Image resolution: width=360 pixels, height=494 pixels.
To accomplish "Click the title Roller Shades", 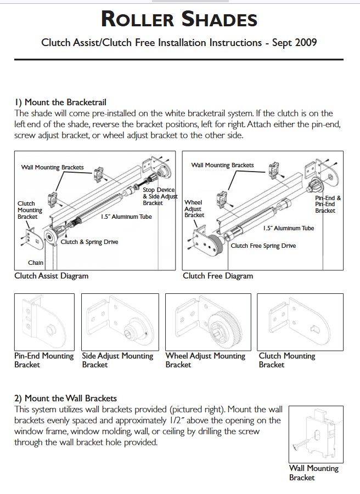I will point(179,20).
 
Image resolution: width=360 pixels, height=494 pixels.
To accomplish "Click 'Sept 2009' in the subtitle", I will point(295,42).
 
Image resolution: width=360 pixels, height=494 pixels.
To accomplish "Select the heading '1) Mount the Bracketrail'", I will point(60,102).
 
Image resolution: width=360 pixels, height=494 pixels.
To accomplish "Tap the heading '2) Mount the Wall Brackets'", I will point(65,398).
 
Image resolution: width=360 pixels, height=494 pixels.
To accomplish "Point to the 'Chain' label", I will point(36,263).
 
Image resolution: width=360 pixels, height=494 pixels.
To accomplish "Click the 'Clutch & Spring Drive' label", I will point(89,242).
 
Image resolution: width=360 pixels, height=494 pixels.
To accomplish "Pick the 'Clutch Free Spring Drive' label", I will point(263,246).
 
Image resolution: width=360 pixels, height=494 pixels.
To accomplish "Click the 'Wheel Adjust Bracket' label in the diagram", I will point(194,209).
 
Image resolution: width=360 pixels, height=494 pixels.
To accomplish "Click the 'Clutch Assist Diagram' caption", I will point(51,276).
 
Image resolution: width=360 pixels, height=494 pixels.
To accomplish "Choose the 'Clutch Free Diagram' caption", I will point(218,276).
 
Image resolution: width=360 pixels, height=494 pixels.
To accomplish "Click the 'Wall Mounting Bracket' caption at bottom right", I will point(314,473).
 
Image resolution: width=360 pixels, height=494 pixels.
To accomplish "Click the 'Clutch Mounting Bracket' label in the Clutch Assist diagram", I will point(30,210).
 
